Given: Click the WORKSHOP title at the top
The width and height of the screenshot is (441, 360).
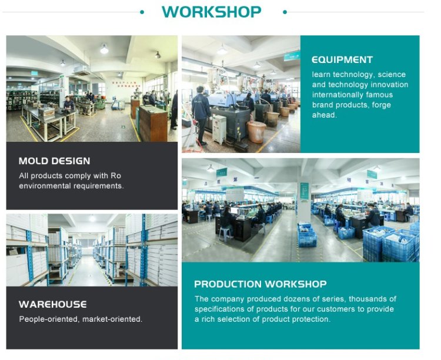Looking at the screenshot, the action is pos(212,12).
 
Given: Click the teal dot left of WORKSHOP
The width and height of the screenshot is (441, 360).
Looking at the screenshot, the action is pos(142,12).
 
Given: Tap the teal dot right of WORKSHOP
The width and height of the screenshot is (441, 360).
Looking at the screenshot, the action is pos(285,12).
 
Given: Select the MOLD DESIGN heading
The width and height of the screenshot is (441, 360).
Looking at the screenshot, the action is pos(54,161).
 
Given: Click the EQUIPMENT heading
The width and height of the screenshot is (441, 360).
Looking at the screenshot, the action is pos(342,59).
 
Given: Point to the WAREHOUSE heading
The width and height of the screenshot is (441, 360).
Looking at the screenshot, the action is pos(52,304).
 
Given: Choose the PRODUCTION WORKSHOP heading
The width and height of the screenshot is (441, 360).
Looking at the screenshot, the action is pos(260,284).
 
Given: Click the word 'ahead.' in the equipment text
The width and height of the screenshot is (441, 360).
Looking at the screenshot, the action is pos(324,115).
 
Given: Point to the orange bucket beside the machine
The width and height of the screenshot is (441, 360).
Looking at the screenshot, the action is pos(256,132).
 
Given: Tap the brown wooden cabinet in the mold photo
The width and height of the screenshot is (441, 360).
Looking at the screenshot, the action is pos(153,124).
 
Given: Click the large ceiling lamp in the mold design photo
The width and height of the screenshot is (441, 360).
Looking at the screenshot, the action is pos(104,49).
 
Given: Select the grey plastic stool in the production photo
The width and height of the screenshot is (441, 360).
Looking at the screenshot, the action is pos(226,234).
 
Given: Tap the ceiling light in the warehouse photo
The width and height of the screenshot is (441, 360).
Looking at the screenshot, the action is pos(92,218).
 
